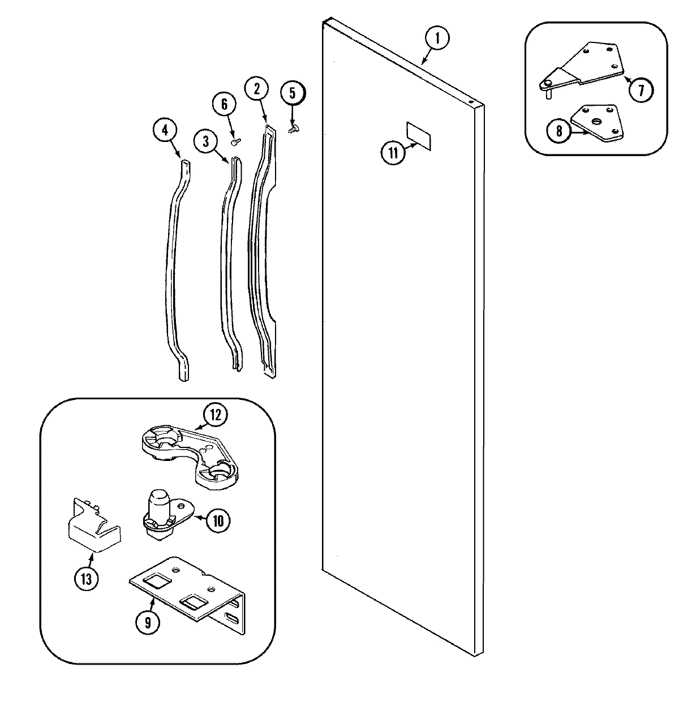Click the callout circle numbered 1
tap(437, 38)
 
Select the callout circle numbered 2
tap(256, 88)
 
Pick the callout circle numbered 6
tap(224, 104)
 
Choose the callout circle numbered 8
tap(558, 131)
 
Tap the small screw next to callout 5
tap(294, 130)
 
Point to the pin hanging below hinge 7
tap(548, 94)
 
